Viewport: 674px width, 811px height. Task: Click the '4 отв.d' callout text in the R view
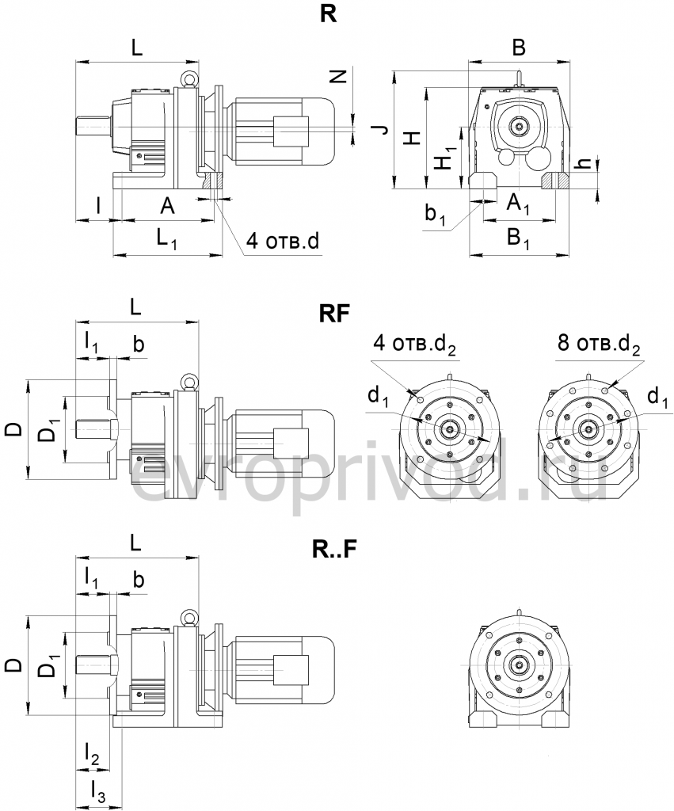(281, 241)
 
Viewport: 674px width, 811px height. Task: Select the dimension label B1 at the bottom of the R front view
(519, 237)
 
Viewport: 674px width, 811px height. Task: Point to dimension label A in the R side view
(167, 207)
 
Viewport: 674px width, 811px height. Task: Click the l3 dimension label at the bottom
(97, 789)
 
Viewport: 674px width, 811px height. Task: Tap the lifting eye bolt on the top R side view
(190, 79)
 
